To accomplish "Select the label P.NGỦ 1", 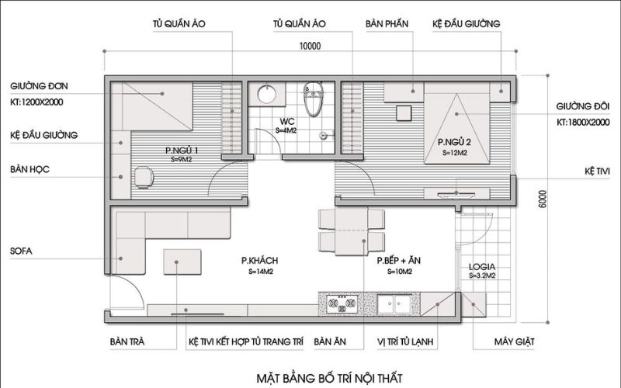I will pos(182,150).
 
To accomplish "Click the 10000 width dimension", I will pos(309,46).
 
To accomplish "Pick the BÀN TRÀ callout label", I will pos(128,341).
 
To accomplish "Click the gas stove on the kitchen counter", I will pos(336,303).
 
